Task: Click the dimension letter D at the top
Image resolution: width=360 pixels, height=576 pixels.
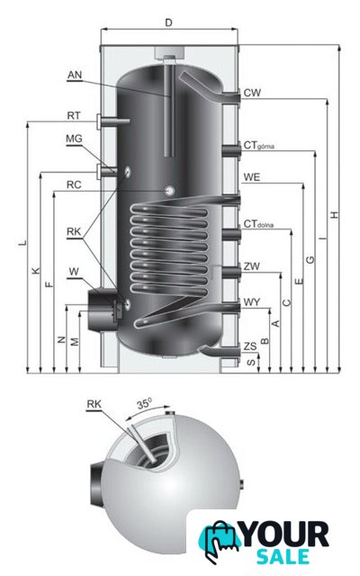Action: (x=168, y=22)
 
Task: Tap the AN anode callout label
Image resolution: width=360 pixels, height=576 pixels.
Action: (x=75, y=75)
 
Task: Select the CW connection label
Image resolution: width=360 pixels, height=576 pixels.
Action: (x=252, y=93)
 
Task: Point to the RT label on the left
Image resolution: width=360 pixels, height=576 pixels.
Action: (x=74, y=116)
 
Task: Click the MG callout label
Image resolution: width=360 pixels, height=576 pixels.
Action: (x=74, y=139)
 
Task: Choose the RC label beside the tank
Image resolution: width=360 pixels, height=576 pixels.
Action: (x=74, y=184)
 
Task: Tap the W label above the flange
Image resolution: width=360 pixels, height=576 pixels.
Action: (x=74, y=272)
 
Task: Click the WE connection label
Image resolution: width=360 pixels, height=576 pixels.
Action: (x=252, y=177)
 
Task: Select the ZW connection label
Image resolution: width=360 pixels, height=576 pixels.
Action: (x=252, y=266)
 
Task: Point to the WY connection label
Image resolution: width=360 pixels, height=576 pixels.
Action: (x=252, y=302)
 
